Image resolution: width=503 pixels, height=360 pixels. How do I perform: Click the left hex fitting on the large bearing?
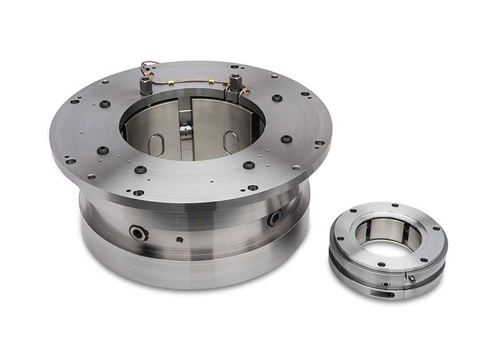click(146, 84)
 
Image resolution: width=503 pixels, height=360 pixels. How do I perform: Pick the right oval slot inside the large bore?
click(230, 142)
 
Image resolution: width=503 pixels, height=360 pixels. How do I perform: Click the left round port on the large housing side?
click(139, 232)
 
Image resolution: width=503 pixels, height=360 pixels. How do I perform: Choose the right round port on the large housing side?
click(275, 218)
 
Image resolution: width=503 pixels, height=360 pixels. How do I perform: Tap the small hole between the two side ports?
click(180, 239)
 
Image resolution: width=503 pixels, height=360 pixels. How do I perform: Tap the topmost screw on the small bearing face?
click(397, 205)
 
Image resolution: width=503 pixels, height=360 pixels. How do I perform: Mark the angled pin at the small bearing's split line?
click(411, 278)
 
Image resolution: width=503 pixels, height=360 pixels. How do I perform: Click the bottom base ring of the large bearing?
click(189, 267)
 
